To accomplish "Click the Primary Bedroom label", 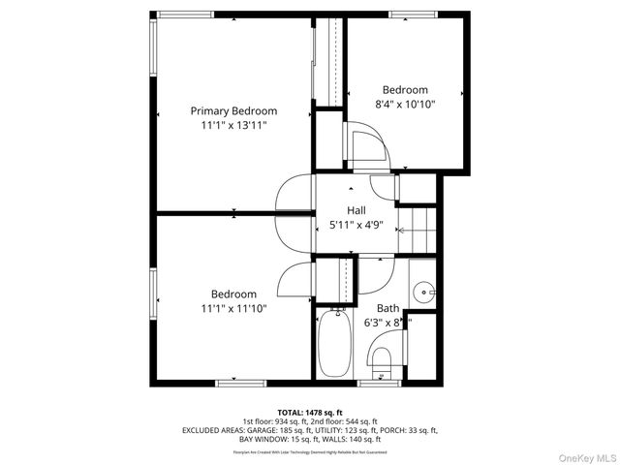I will click(x=233, y=110).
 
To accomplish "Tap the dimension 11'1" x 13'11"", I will click(x=233, y=125).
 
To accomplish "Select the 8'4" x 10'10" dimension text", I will click(x=405, y=104).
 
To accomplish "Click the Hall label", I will click(x=356, y=209).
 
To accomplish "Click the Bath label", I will click(x=387, y=308).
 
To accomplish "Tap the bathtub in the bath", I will click(x=337, y=344).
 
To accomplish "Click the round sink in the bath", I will click(x=423, y=292).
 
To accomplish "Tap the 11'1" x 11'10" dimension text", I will click(x=233, y=309).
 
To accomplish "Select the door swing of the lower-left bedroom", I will click(x=294, y=281).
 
